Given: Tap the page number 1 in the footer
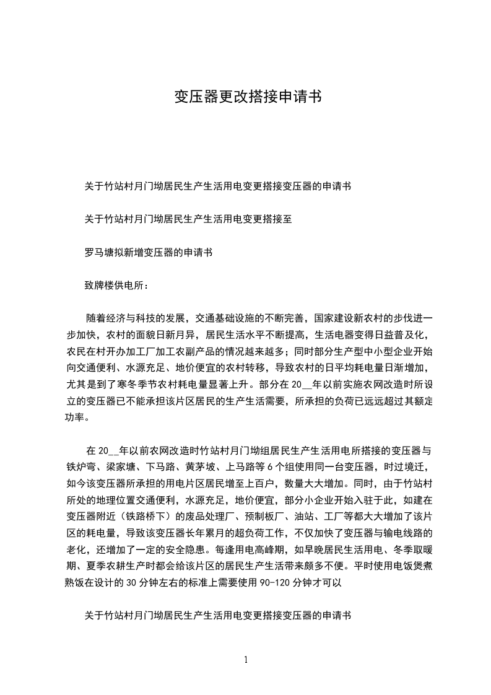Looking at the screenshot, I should [x=246, y=660].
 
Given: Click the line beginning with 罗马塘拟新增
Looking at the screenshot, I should [x=149, y=253].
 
